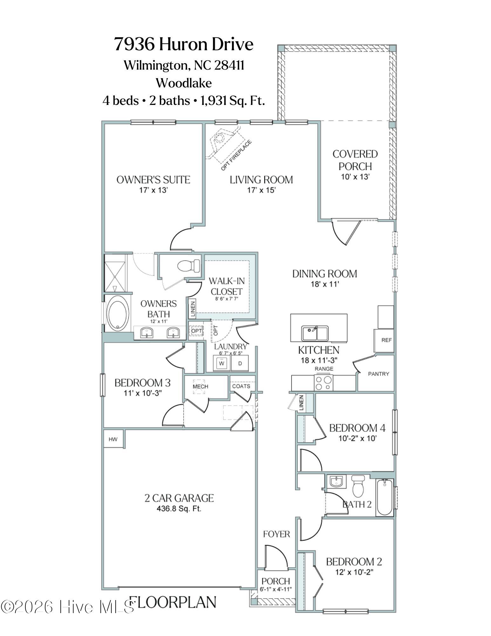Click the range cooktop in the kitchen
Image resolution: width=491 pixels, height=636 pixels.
(x=323, y=383)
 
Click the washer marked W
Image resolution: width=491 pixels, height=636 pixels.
(x=222, y=363)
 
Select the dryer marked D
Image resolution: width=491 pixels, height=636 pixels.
(x=240, y=363)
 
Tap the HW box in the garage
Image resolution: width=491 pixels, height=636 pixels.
(x=113, y=439)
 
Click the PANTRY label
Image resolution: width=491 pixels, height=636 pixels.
(x=378, y=374)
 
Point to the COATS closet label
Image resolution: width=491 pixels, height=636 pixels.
(x=241, y=386)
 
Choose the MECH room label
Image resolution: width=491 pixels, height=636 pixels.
(x=200, y=386)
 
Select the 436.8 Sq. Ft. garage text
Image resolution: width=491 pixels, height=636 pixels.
(x=179, y=508)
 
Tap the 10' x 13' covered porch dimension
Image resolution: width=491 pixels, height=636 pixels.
(x=355, y=177)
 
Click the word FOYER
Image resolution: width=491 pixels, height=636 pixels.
(x=276, y=534)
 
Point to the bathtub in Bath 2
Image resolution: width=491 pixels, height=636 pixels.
(x=385, y=498)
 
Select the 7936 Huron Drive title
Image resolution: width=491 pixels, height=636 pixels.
(x=184, y=44)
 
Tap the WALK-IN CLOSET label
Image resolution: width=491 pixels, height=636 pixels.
(x=226, y=286)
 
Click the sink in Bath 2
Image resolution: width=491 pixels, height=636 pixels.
(x=336, y=481)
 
